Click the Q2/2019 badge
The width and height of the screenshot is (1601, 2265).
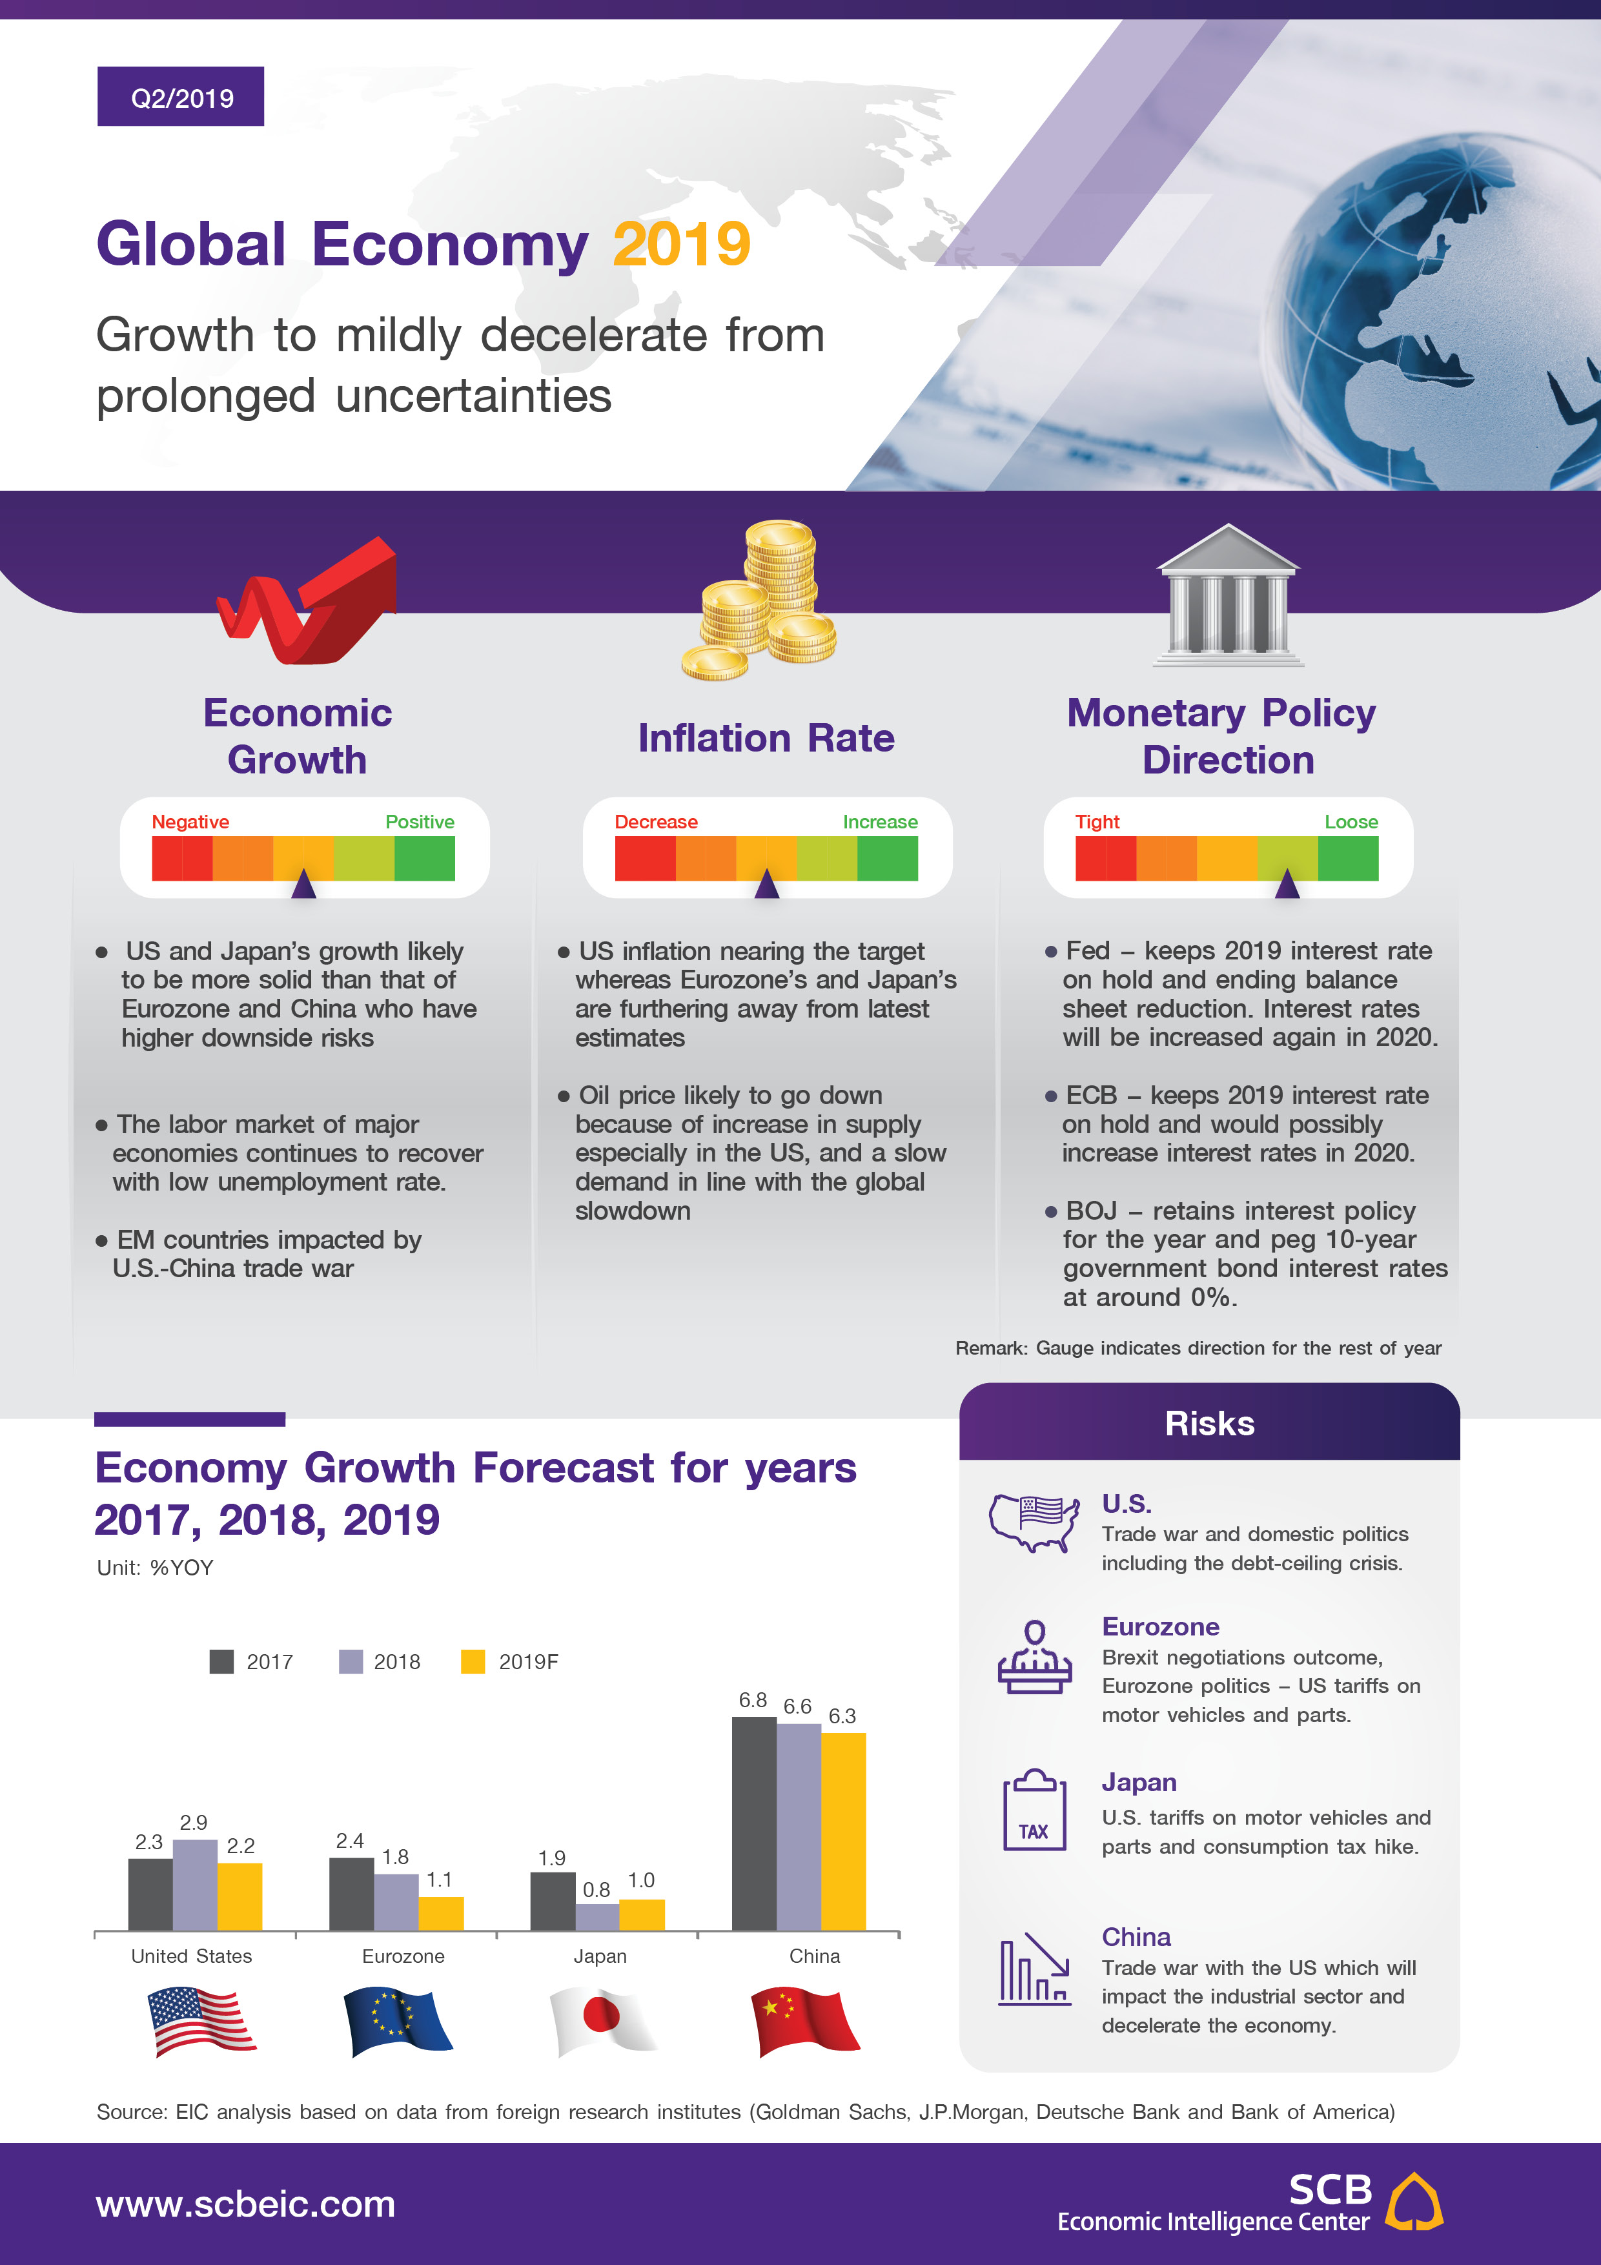point(181,97)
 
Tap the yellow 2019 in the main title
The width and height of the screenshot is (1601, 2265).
point(682,245)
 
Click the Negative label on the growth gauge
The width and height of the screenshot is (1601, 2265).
point(190,822)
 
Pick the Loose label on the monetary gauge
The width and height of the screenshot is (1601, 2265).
point(1351,822)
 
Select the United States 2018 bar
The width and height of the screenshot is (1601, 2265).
point(196,1884)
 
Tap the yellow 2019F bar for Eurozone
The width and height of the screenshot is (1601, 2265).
point(441,1913)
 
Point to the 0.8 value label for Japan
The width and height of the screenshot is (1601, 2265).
point(596,1889)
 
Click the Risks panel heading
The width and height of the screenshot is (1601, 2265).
point(1209,1424)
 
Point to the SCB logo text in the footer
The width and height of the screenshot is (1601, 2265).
point(1330,2190)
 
